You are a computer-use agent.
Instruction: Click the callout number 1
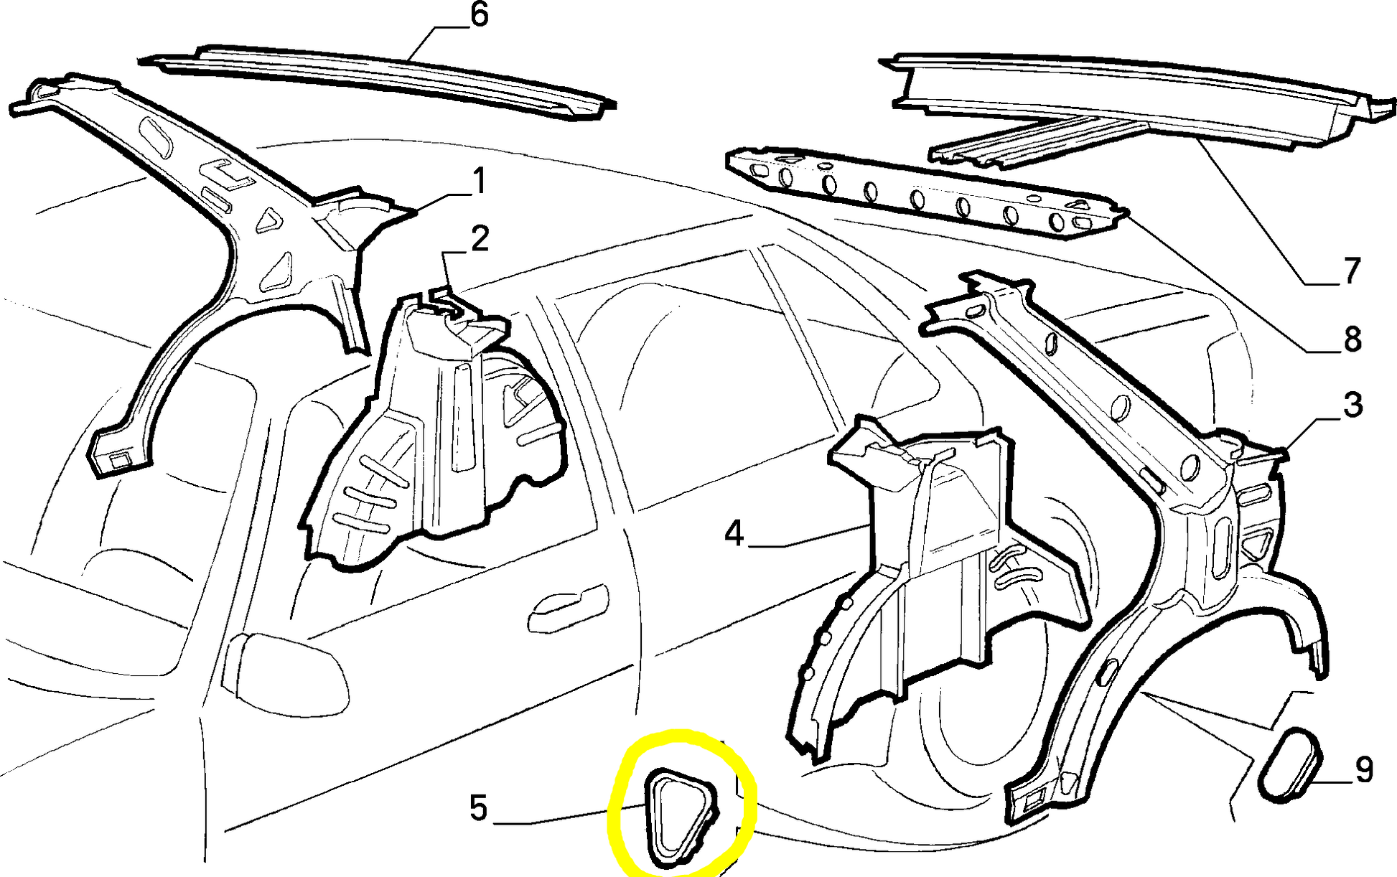pos(479,181)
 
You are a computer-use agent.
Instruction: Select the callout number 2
pos(480,238)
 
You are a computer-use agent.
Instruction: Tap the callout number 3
pos(1352,405)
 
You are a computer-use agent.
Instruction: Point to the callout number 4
pos(734,533)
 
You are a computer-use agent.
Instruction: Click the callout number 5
pos(479,807)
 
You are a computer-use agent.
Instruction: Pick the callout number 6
pos(479,15)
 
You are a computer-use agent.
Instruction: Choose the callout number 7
pos(1352,271)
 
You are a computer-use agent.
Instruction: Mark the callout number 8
pos(1352,339)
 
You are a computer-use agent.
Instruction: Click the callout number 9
pos(1364,770)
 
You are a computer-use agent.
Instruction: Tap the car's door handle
pos(567,609)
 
